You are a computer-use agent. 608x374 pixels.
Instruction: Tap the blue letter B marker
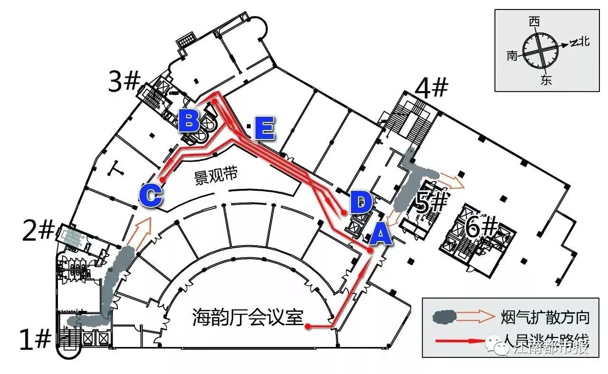tap(189, 121)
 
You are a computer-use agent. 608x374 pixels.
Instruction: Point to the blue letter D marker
tap(361, 203)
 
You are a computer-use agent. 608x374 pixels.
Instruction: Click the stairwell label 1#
tap(35, 339)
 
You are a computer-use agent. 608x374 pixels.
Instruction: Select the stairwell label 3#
tap(123, 83)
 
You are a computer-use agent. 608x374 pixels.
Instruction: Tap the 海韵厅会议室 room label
tap(247, 317)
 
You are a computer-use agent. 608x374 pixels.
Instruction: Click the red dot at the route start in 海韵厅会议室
tap(308, 327)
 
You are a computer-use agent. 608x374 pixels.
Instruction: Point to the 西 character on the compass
tap(535, 22)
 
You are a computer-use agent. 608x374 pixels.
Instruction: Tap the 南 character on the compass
tap(512, 56)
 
